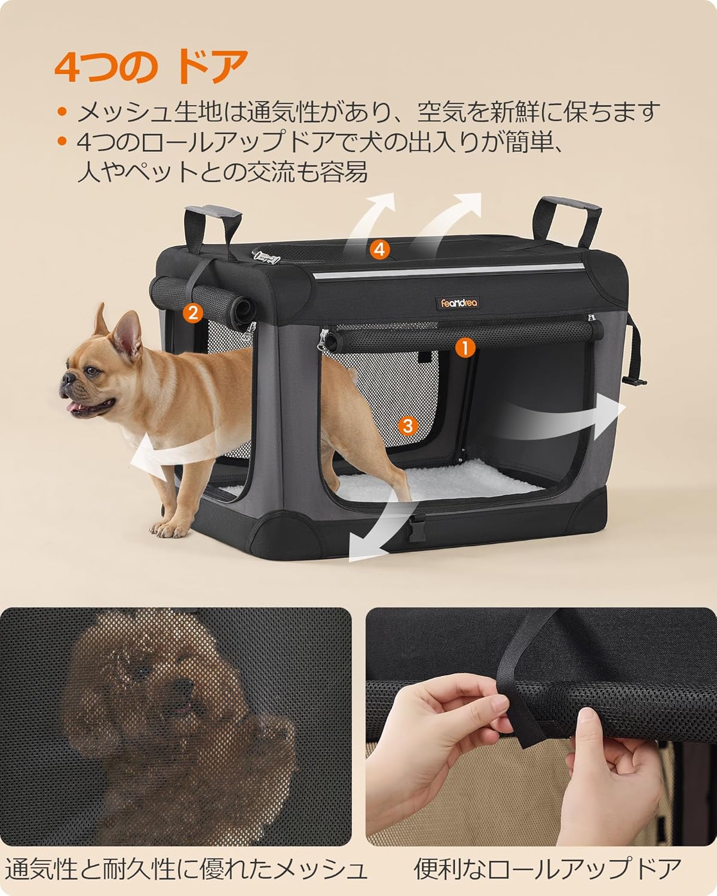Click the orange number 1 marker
click(464, 346)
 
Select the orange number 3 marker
click(407, 425)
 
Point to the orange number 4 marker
click(379, 249)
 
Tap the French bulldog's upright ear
click(127, 338)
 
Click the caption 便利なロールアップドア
click(547, 869)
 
